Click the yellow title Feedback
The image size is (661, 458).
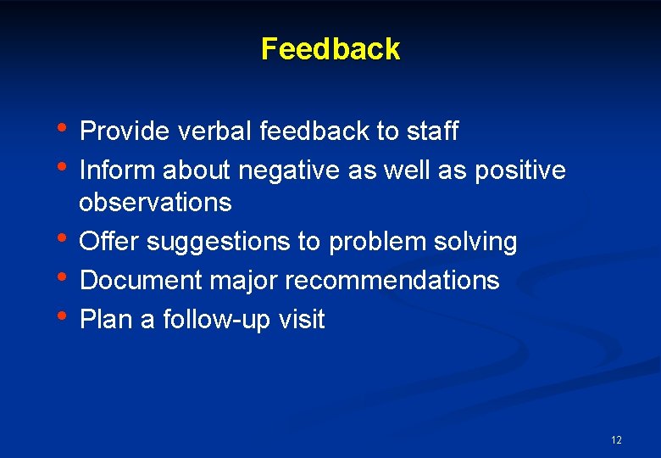[x=330, y=49]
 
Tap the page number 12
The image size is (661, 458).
[x=616, y=440]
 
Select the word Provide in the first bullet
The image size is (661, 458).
[x=125, y=131]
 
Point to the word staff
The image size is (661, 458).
[x=432, y=131]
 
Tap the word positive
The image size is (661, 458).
[x=519, y=171]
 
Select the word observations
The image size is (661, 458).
[x=155, y=203]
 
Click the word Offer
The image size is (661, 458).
[x=109, y=242]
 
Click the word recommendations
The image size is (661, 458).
[x=392, y=281]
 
